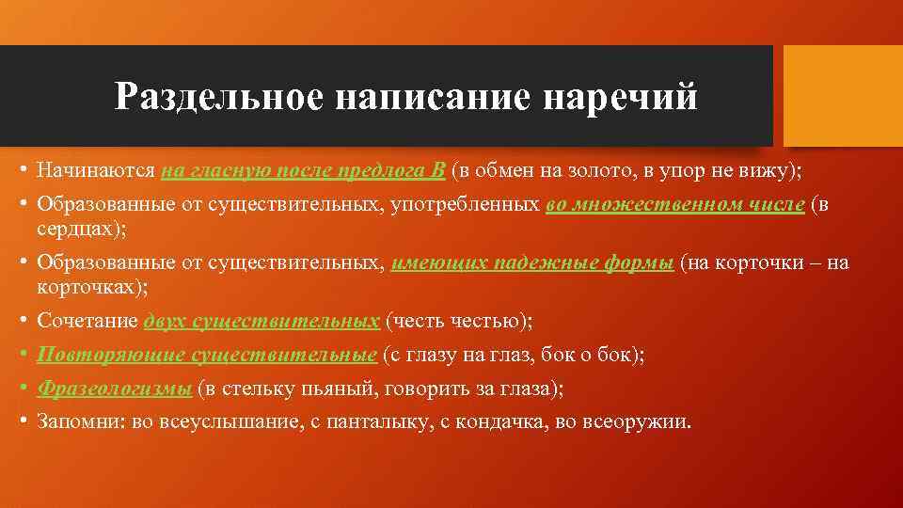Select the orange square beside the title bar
(843, 96)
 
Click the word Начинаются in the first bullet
(96, 171)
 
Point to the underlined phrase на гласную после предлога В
(303, 171)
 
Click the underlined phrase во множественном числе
(674, 205)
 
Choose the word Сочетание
(87, 322)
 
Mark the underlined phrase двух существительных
(261, 322)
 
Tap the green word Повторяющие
(110, 355)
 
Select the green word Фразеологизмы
(113, 388)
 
